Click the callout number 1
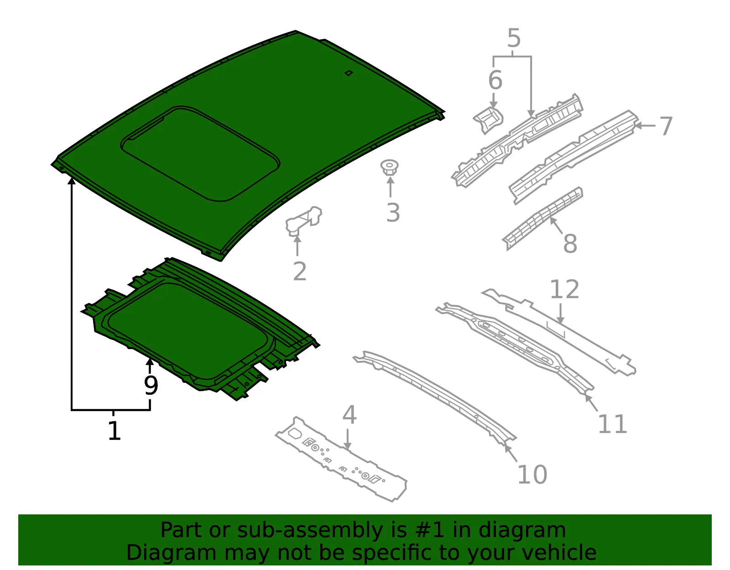point(114,431)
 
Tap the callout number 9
point(151,386)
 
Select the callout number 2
point(300,272)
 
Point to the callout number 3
point(393,213)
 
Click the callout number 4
point(349,414)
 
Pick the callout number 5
point(514,38)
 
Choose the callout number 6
point(495,80)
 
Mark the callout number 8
point(570,244)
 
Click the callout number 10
point(532,475)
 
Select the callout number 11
point(613,424)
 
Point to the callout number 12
point(565,289)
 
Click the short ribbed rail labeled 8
point(542,218)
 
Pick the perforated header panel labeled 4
point(341,459)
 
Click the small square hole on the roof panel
point(349,73)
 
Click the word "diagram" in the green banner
point(522,530)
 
